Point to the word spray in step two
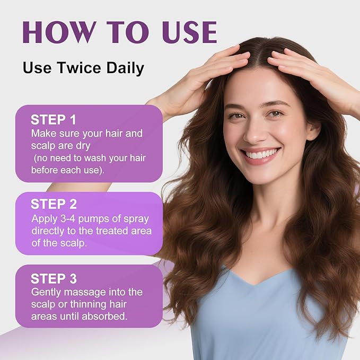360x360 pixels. [x=137, y=218]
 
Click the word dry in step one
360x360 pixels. [x=98, y=145]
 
